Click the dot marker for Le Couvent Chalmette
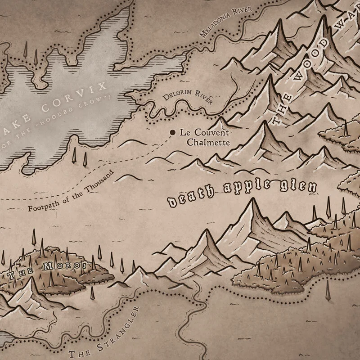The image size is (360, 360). [x=172, y=132]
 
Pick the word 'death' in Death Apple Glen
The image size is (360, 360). [x=184, y=199]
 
